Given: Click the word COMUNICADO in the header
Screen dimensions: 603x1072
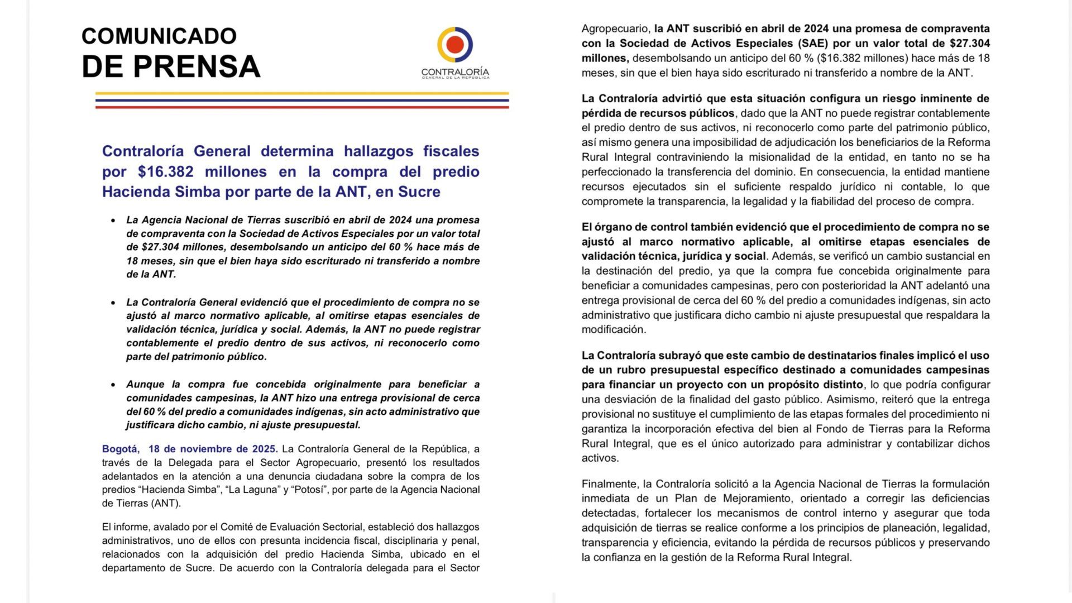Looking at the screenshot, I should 159,36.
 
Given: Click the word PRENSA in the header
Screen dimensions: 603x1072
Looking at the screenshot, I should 197,66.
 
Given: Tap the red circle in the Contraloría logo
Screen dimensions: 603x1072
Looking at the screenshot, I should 455,44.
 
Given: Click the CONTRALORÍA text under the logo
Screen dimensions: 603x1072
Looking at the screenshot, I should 455,73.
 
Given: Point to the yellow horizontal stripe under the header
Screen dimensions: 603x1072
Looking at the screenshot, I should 301,93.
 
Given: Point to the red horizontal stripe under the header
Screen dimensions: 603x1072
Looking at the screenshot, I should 301,106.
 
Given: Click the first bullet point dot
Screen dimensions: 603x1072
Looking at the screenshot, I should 113,221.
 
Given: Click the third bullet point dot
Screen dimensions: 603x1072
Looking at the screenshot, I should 113,385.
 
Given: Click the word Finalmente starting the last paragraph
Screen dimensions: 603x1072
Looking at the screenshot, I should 609,484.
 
